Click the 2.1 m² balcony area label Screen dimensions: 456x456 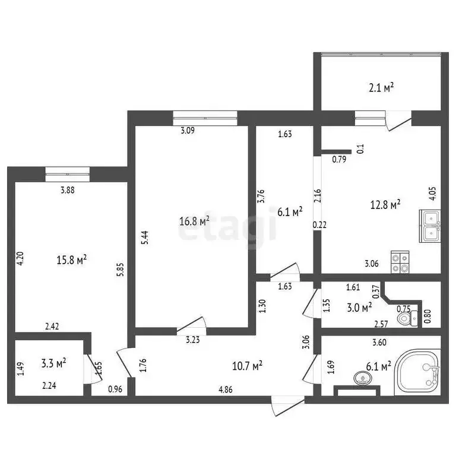[381, 88]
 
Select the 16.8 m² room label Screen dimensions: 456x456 [194, 221]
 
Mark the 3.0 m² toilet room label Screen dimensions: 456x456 [359, 307]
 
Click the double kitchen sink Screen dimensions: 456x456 [430, 226]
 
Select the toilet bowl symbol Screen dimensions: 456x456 [407, 318]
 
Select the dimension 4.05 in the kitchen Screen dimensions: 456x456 [432, 194]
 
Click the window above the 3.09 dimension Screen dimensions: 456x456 [205, 116]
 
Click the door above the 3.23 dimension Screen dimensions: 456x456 [192, 324]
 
